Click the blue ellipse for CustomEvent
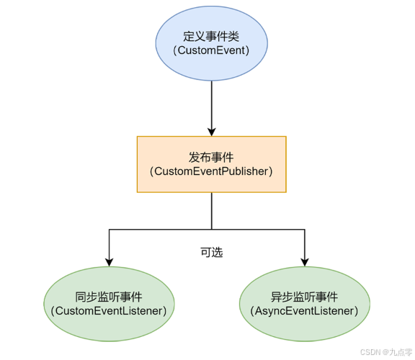coord(212,43)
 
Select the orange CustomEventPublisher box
coord(212,164)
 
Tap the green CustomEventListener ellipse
coord(109,304)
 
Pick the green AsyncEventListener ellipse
coord(305,304)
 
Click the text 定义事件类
coord(211,36)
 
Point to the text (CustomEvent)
coord(211,50)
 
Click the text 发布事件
coord(211,158)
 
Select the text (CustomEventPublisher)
coord(211,171)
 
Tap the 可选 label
coord(212,252)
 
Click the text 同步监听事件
coord(109,297)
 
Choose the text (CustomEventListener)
coord(109,311)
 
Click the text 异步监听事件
coord(304,297)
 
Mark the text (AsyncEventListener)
coord(304,311)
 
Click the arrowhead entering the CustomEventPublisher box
coord(212,132)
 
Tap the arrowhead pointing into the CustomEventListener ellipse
coord(109,262)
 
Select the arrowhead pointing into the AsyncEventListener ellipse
coord(305,262)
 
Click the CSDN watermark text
coord(370,352)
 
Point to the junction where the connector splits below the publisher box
coord(212,230)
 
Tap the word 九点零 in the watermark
coord(401,352)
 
